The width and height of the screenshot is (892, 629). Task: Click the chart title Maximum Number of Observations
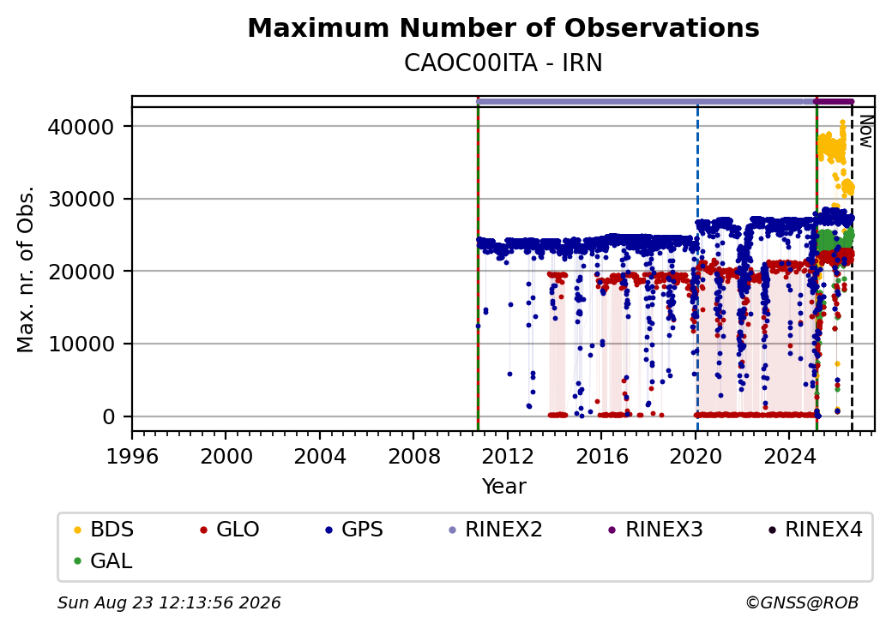(503, 27)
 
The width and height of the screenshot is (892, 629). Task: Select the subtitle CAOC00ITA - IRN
(503, 63)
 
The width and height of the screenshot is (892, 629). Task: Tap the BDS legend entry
(105, 530)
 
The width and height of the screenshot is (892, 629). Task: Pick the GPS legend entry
(355, 530)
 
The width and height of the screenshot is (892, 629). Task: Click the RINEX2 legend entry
(496, 530)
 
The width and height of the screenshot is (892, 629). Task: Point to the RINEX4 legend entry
(816, 530)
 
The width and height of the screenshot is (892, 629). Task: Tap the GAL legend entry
(104, 560)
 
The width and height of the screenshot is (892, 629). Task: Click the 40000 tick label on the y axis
(81, 127)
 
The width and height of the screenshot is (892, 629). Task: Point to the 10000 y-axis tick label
(81, 344)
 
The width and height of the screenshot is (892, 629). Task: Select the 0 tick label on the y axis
(109, 417)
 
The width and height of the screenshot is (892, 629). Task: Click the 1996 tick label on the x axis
(132, 456)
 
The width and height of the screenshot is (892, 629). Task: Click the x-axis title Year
(504, 487)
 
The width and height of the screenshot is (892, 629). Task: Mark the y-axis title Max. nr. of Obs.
(26, 269)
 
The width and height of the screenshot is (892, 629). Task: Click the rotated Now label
(865, 131)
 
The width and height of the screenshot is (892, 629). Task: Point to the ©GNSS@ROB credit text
(802, 602)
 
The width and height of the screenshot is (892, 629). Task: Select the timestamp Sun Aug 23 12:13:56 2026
(169, 602)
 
